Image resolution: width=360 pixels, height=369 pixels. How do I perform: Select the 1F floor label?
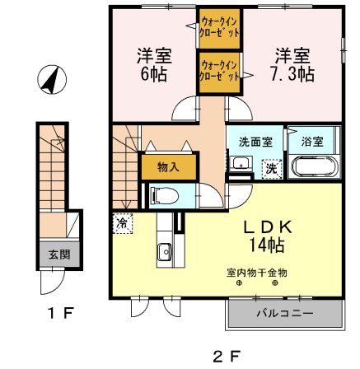[57, 312]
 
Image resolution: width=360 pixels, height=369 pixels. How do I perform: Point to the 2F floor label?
[224, 356]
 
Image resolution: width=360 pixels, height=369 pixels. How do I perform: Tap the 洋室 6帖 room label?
[152, 65]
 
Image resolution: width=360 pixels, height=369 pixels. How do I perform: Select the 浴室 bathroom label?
[311, 141]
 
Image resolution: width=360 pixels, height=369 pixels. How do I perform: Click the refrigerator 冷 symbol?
[122, 222]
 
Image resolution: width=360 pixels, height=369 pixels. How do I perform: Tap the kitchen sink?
[162, 253]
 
